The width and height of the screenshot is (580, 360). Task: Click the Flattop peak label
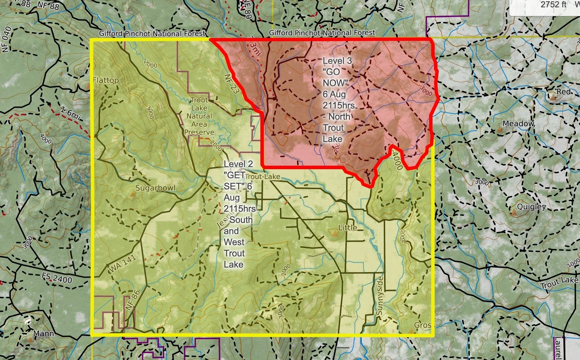pyautogui.click(x=106, y=81)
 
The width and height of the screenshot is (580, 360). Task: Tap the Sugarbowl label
pyautogui.click(x=155, y=188)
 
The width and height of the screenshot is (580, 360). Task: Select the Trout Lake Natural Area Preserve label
pyautogui.click(x=199, y=116)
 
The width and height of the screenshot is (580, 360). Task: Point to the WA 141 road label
pyautogui.click(x=123, y=264)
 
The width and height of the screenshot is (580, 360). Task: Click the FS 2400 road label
pyautogui.click(x=57, y=278)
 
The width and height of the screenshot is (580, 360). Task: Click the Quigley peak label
pyautogui.click(x=531, y=207)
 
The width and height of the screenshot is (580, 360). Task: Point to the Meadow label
pyautogui.click(x=518, y=124)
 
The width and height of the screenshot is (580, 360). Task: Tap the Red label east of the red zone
pyautogui.click(x=563, y=92)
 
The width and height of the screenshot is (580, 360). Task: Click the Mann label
pyautogui.click(x=44, y=334)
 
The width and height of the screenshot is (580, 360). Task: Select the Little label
pyautogui.click(x=348, y=228)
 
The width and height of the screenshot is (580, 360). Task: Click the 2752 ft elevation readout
pyautogui.click(x=554, y=5)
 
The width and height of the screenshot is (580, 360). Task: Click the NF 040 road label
pyautogui.click(x=7, y=39)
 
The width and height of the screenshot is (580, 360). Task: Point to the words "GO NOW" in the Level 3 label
pyautogui.click(x=335, y=77)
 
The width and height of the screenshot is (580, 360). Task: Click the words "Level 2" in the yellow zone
pyautogui.click(x=238, y=164)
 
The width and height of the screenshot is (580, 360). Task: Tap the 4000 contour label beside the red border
pyautogui.click(x=397, y=160)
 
